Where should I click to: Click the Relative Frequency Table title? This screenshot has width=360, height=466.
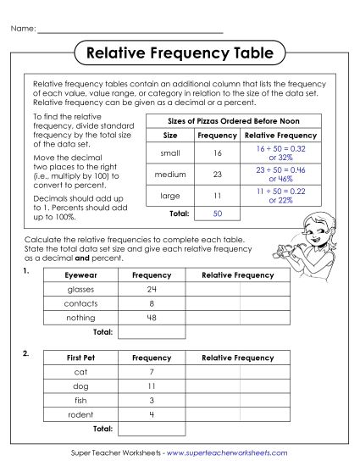180,53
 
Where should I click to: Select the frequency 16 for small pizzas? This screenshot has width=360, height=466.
218,153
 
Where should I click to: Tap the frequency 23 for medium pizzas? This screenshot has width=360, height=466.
218,174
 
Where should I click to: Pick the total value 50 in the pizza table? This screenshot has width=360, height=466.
218,214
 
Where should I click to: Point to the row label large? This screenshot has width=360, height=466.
170,195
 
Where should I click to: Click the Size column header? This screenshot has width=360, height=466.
170,135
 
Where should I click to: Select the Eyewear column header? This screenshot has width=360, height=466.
80,275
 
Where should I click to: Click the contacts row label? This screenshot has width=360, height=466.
80,302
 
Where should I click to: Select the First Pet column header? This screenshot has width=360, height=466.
80,358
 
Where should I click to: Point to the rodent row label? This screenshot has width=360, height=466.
80,413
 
